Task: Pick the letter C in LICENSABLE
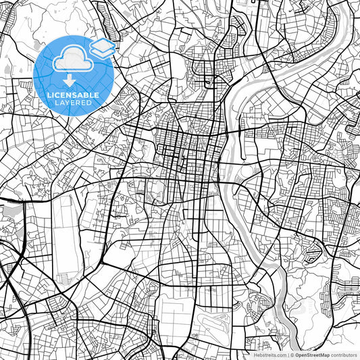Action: coord(59,95)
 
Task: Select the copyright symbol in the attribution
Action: coord(292,355)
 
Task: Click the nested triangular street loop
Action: coord(312,253)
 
